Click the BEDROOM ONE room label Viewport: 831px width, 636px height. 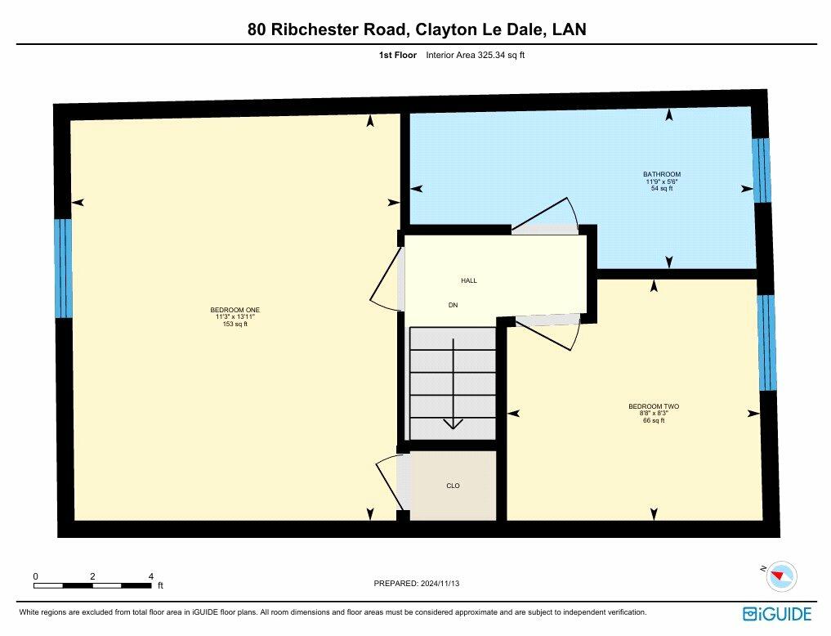tap(235, 310)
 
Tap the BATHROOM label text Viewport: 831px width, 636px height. tap(661, 174)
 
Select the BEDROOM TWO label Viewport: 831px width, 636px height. tap(653, 406)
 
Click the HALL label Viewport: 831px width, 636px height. tap(468, 280)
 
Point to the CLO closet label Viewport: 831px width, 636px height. tap(453, 486)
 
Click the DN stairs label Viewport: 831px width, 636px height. tap(453, 305)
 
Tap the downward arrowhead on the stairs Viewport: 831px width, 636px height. tap(453, 423)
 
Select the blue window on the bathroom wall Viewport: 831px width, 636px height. tap(761, 170)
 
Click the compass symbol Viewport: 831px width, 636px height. tap(781, 576)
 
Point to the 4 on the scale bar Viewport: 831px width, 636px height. tap(151, 576)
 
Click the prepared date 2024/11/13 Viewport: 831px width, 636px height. tap(445, 584)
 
